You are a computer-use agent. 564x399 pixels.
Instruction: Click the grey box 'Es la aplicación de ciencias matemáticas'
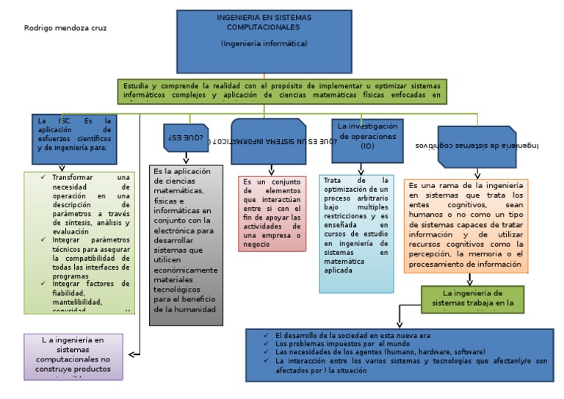pyautogui.click(x=184, y=242)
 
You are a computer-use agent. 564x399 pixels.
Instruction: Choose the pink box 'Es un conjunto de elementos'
pyautogui.click(x=272, y=213)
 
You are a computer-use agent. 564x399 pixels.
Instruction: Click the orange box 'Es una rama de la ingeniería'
pyautogui.click(x=466, y=225)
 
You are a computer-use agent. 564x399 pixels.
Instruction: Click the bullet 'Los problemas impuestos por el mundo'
pyautogui.click(x=342, y=343)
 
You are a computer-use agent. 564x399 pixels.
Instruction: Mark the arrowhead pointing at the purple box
pyautogui.click(x=132, y=354)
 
